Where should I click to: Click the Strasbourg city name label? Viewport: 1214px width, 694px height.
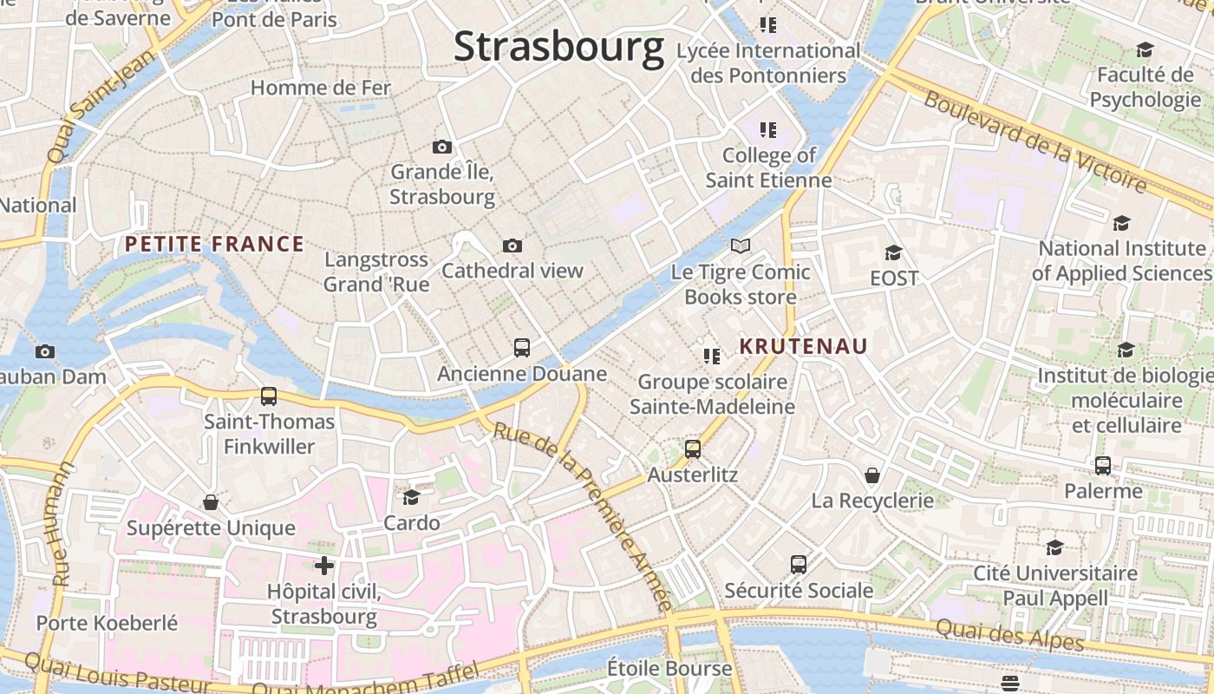[558, 46]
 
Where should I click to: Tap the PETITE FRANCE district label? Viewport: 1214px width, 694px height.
[214, 245]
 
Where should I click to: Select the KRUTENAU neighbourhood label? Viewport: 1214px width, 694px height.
[803, 346]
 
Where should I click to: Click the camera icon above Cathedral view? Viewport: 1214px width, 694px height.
[512, 246]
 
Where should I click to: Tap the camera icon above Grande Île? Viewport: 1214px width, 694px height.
[442, 147]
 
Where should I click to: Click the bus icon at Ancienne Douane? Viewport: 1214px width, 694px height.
[522, 348]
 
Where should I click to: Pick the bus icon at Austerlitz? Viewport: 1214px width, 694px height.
[693, 449]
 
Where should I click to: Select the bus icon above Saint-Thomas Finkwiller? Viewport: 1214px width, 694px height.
[269, 396]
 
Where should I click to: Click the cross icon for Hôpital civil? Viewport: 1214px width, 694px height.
[324, 566]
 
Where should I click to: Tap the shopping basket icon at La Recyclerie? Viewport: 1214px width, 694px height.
[872, 475]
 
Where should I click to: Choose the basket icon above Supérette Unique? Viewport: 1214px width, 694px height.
[211, 502]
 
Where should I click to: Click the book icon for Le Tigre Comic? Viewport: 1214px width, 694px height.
[740, 246]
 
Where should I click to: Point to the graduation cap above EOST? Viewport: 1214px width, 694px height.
[893, 252]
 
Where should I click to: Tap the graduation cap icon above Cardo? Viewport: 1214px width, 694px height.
[411, 497]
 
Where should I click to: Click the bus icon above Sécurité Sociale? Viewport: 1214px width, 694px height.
[799, 565]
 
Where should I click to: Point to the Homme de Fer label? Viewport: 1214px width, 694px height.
[321, 88]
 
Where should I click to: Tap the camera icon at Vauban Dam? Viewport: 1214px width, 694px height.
[45, 351]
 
